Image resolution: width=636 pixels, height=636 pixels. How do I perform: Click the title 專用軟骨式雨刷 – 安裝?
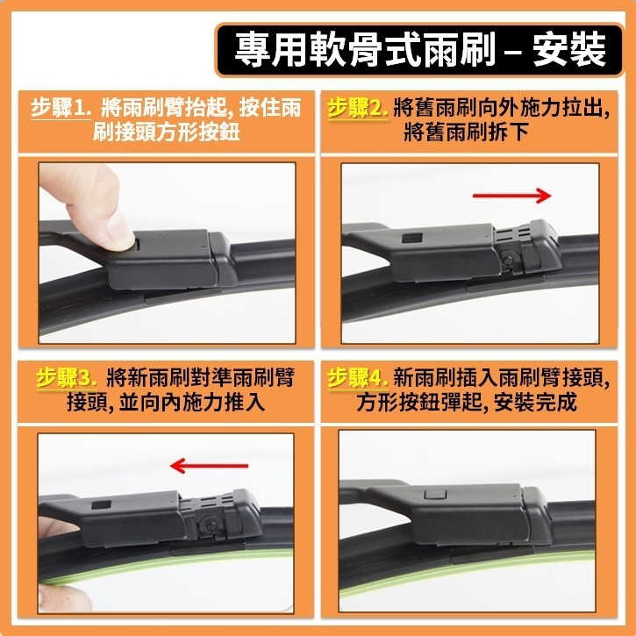point(420,50)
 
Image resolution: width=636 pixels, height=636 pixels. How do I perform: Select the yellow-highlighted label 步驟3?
point(66,378)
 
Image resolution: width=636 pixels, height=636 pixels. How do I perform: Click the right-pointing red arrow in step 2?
point(512,195)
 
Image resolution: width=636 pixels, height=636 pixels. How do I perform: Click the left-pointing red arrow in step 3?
point(211,465)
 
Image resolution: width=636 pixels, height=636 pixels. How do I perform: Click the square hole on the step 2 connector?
point(411,238)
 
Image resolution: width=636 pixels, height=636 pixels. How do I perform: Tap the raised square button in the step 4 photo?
point(432,497)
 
